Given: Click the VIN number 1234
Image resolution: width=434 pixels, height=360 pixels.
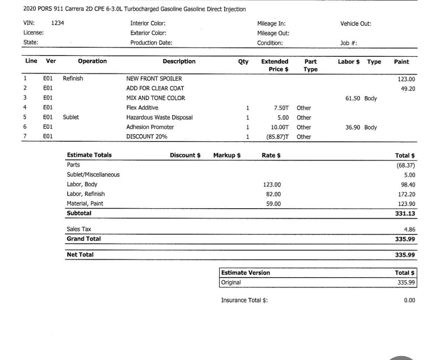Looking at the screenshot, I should [x=57, y=23].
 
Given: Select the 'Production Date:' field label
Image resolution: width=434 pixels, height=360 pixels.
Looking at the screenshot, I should [x=151, y=43].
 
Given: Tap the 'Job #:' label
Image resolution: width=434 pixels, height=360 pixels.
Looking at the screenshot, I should [x=349, y=43].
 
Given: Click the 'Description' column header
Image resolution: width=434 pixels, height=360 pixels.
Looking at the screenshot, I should [x=179, y=62].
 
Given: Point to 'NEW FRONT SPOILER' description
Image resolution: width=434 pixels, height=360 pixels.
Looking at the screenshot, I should [x=154, y=79].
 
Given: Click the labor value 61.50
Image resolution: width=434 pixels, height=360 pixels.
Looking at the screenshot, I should [x=352, y=98].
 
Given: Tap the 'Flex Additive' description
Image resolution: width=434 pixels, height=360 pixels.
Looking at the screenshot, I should [x=142, y=108].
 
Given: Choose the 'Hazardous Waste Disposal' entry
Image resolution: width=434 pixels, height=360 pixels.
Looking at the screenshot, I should [x=159, y=118].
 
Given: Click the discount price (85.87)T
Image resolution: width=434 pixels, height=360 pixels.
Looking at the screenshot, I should [x=278, y=137].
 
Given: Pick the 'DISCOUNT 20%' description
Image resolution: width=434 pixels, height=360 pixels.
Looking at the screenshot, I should [x=147, y=137].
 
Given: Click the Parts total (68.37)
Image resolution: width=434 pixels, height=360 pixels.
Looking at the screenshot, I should [x=406, y=165].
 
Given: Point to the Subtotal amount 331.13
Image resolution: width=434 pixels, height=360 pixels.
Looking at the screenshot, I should [x=405, y=214].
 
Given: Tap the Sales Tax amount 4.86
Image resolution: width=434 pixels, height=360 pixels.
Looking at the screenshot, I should [x=409, y=229].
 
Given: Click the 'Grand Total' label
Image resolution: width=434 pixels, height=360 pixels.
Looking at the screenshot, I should [x=84, y=239].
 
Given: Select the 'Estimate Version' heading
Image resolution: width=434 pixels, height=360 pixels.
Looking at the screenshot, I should [x=246, y=273].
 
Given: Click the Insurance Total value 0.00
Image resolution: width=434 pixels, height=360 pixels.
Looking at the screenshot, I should [x=409, y=300].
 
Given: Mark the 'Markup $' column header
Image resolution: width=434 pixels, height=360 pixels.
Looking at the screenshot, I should [x=227, y=155].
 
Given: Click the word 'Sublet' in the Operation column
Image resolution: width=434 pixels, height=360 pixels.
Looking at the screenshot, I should [x=71, y=118].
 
